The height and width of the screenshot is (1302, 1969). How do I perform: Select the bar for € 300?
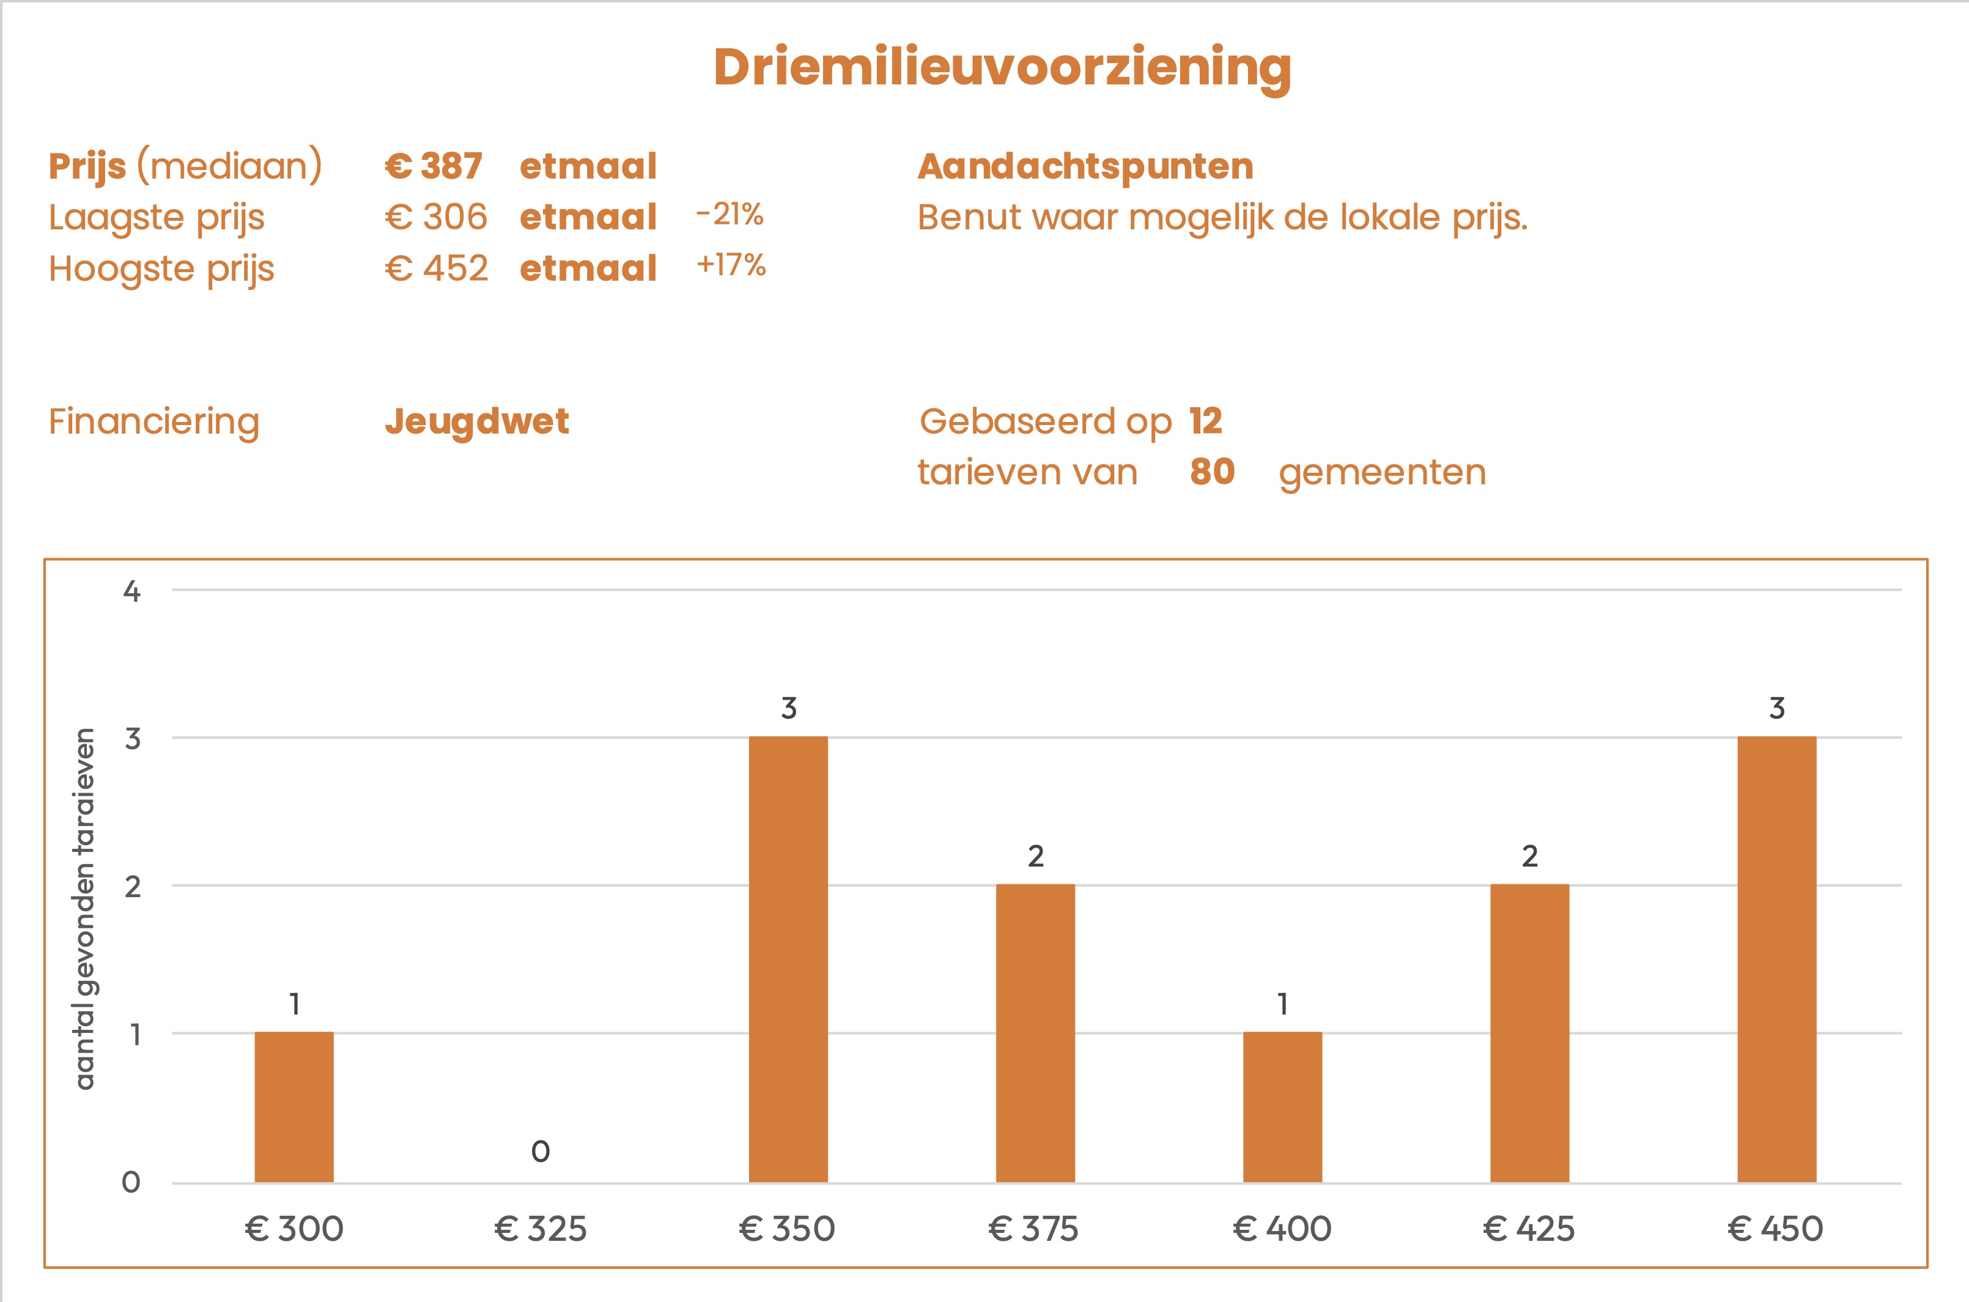(294, 1107)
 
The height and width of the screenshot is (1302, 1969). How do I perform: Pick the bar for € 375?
(1035, 1033)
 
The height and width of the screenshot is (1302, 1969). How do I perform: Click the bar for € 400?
(1282, 1107)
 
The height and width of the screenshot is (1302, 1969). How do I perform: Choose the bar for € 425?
(1529, 1033)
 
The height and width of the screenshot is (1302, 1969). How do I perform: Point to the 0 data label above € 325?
(541, 1152)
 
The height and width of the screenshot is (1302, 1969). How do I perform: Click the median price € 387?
(434, 166)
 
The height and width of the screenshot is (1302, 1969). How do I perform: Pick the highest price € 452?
(436, 268)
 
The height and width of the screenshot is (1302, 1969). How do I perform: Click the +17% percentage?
(731, 265)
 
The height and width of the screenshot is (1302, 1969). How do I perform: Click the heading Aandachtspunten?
(1085, 166)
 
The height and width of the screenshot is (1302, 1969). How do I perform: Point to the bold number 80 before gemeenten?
(1212, 472)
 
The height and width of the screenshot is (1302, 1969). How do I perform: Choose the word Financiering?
(154, 421)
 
